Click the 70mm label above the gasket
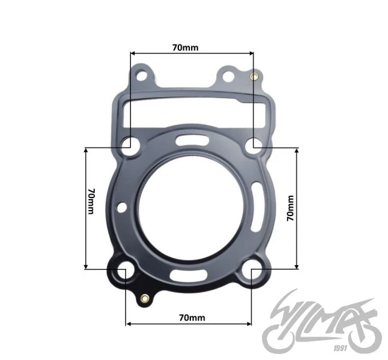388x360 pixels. (x=186, y=47)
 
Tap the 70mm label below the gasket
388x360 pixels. (x=192, y=318)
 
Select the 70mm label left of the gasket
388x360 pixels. (x=91, y=201)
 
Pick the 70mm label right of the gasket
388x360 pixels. (x=291, y=208)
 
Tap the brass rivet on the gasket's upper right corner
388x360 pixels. (x=254, y=76)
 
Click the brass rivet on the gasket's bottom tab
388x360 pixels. (x=145, y=298)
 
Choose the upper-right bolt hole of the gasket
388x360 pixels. (x=254, y=146)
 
